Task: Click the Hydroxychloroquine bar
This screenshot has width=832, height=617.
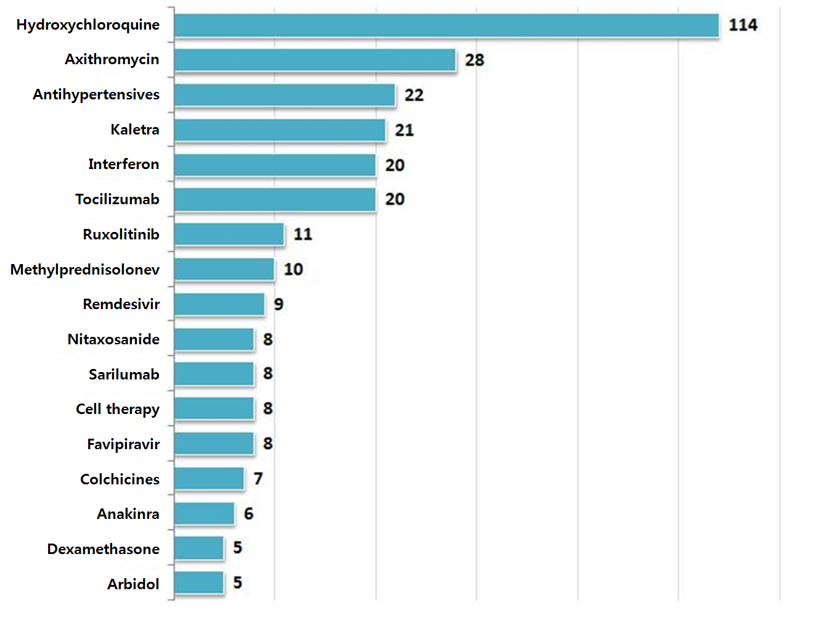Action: (446, 26)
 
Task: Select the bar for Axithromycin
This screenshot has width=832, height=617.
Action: (314, 60)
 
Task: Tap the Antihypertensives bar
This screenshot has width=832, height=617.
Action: (284, 96)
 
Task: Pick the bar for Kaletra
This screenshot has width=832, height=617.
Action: (279, 130)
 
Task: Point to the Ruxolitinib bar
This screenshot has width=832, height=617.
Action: (229, 234)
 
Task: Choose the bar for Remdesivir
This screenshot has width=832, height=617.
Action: (219, 304)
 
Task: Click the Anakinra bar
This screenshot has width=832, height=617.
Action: (204, 513)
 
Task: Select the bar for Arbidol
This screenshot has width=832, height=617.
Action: (198, 583)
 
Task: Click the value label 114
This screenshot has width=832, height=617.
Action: (743, 25)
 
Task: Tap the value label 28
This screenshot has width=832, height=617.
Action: (475, 60)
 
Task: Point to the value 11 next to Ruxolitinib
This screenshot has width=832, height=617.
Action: (303, 234)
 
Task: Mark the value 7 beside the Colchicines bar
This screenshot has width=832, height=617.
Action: (258, 479)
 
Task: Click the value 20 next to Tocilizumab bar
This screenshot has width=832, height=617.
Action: (395, 199)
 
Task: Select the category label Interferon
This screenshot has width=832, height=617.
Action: (123, 164)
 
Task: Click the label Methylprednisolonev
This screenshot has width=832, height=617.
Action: (85, 270)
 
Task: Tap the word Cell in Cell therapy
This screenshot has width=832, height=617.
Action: (88, 409)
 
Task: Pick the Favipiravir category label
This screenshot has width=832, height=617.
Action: (123, 444)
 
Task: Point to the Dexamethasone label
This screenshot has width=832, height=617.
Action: (103, 549)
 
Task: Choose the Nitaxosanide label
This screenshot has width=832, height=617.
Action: (113, 339)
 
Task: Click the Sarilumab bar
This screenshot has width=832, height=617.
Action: (214, 374)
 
